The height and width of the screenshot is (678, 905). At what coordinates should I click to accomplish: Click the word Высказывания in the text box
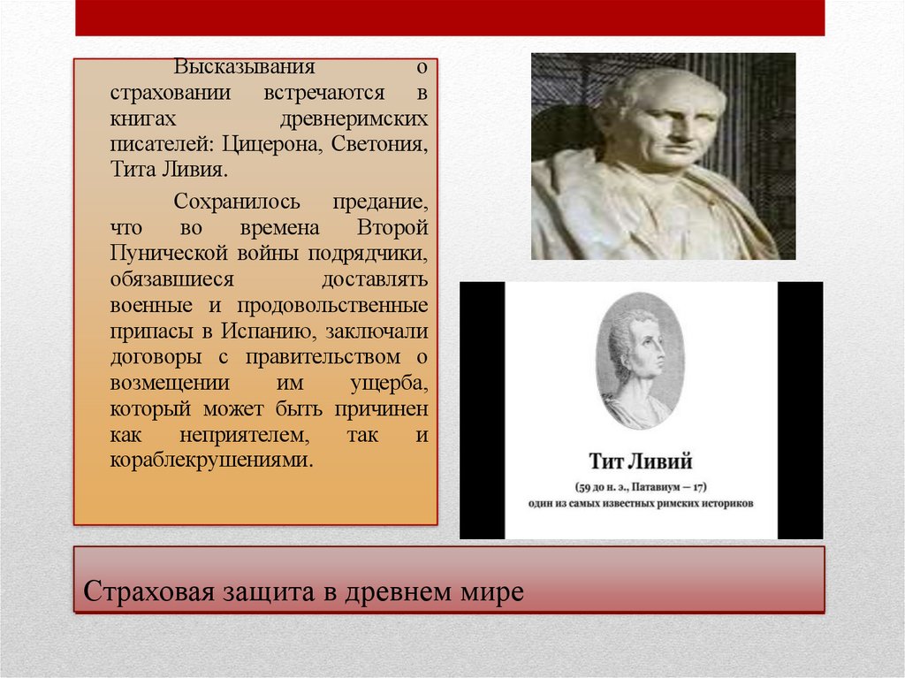tap(231, 67)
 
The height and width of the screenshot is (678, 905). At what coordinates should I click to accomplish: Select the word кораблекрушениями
tap(211, 461)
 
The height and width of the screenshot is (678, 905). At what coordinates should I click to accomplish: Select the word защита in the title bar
tap(264, 590)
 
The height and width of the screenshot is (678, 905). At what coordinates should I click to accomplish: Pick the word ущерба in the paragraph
tap(389, 383)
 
